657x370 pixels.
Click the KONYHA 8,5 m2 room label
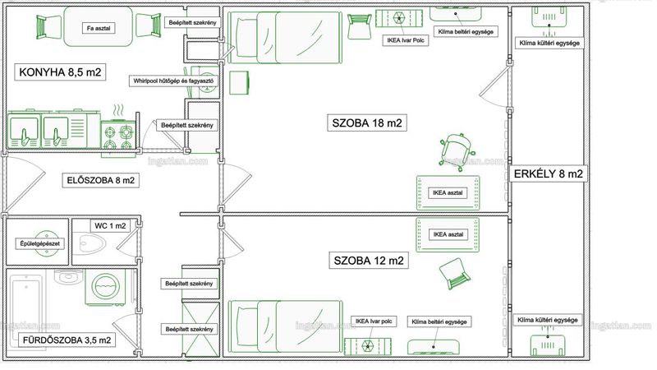pyautogui.click(x=60, y=72)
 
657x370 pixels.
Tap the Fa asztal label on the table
pyautogui.click(x=99, y=28)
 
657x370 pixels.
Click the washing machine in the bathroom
pyautogui.click(x=106, y=287)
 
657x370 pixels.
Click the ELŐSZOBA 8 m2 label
pyautogui.click(x=101, y=180)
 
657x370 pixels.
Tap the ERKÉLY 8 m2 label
pyautogui.click(x=548, y=173)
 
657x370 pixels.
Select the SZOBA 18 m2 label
pyautogui.click(x=367, y=123)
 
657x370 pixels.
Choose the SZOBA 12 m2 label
pyautogui.click(x=369, y=261)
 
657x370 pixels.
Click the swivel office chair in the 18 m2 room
pyautogui.click(x=457, y=152)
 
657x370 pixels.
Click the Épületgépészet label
pyautogui.click(x=40, y=243)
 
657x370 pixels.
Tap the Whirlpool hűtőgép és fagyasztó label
pyautogui.click(x=173, y=81)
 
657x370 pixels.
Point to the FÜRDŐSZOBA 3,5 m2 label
pyautogui.click(x=67, y=340)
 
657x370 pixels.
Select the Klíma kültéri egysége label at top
pyautogui.click(x=549, y=43)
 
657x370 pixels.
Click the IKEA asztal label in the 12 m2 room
pyautogui.click(x=448, y=234)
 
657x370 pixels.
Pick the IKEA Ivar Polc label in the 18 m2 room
pyautogui.click(x=406, y=40)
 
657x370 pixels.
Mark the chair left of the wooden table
pyautogui.click(x=49, y=27)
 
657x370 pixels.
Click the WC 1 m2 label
pyautogui.click(x=110, y=225)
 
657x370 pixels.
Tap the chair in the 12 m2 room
pyautogui.click(x=454, y=274)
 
